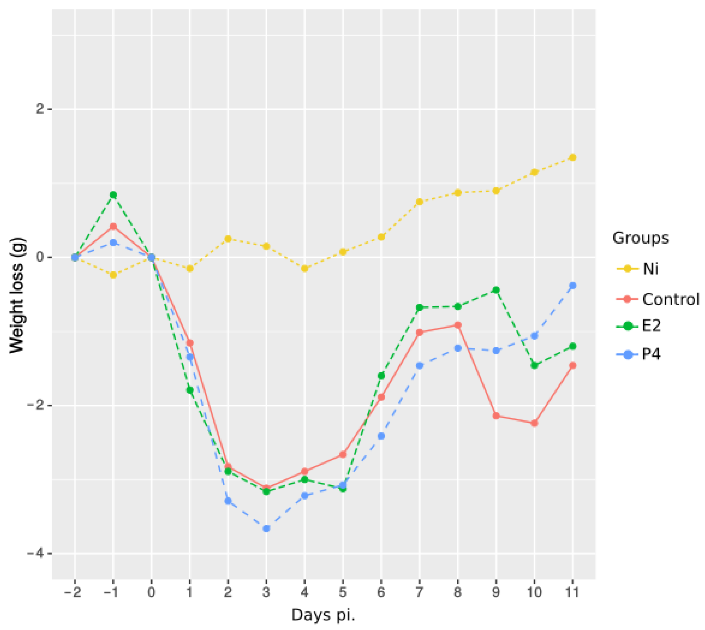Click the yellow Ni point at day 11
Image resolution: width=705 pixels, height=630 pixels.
point(573,157)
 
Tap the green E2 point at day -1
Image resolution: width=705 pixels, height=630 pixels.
point(113,195)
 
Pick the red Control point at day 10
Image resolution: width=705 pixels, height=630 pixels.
point(534,423)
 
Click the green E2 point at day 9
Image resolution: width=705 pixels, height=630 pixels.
point(496,290)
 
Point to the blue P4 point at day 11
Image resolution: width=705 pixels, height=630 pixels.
point(573,286)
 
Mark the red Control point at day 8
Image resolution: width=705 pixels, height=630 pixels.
point(458,325)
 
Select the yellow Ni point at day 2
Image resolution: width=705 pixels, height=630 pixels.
point(228,239)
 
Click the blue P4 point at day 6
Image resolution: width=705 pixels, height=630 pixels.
point(381,436)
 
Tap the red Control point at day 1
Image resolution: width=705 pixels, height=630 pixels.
point(190,343)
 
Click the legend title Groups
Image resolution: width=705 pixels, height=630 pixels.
point(640,238)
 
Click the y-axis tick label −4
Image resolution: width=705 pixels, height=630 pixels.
point(37,553)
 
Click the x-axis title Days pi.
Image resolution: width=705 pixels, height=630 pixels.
point(323,615)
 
